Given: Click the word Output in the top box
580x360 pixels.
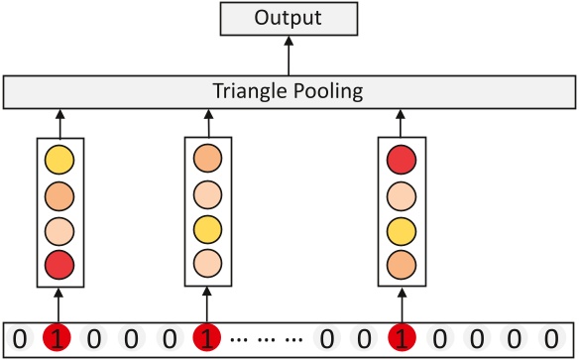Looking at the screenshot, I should pos(290,19).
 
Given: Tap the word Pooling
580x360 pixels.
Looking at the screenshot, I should pos(329,92).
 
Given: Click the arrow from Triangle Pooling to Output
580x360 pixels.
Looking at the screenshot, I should pos(290,57).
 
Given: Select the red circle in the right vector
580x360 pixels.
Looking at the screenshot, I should pos(401,158).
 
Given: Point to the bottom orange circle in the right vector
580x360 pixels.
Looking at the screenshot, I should pos(401,263).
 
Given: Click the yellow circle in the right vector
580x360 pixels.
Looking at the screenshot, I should pos(401,228).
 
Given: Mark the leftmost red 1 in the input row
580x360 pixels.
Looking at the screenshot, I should pos(58,339).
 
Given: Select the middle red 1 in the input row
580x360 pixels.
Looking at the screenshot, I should pos(205,339).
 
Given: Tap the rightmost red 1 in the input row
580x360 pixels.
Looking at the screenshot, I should pos(401,339).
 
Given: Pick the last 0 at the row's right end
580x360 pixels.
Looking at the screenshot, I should pos(550,339).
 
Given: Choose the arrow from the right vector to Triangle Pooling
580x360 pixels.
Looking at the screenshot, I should pos(401,123).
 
